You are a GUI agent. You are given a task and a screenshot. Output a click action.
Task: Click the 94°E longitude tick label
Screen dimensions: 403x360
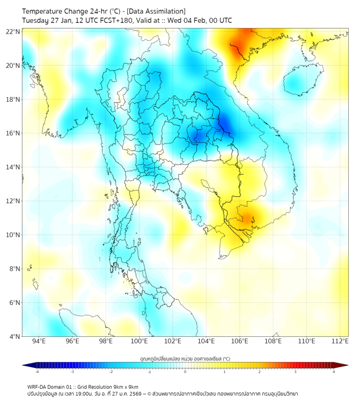point(39,341)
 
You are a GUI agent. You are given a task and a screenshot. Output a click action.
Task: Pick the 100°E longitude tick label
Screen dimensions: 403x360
point(139,341)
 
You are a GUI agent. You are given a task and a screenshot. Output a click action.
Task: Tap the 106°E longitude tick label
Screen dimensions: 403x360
point(240,341)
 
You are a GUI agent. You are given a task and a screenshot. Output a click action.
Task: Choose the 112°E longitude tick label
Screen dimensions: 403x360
point(340,341)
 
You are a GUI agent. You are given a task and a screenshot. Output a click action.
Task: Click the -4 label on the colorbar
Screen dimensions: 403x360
point(37,372)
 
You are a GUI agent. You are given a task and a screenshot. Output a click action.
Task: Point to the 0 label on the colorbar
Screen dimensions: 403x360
point(185,372)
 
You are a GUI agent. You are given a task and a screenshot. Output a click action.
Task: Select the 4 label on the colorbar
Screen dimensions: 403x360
point(334,372)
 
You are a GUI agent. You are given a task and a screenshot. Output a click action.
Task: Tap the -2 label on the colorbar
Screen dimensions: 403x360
point(111,372)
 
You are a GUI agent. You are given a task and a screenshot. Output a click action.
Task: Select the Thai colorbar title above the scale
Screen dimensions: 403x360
point(185,358)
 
